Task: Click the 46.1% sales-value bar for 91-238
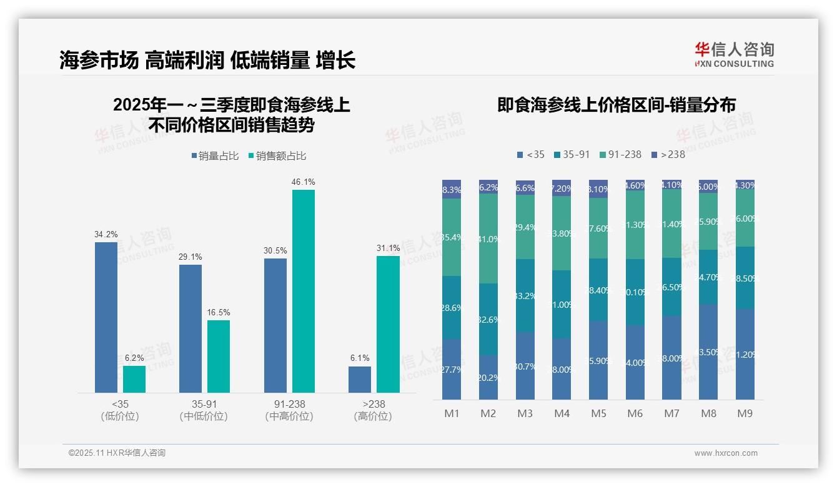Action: click(x=304, y=291)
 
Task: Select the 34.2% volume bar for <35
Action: click(x=106, y=317)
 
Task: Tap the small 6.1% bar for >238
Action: click(x=360, y=380)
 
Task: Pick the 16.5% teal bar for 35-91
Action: click(x=219, y=357)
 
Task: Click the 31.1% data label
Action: click(x=388, y=248)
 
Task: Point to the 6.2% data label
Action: click(x=134, y=358)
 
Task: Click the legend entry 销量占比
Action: click(x=215, y=156)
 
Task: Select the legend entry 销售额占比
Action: click(x=277, y=156)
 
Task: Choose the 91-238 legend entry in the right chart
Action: click(x=620, y=154)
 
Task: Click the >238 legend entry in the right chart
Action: click(x=668, y=154)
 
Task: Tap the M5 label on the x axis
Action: click(x=598, y=413)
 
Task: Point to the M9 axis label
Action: click(x=745, y=413)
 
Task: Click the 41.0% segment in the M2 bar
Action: click(x=488, y=239)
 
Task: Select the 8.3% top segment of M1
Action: click(x=452, y=189)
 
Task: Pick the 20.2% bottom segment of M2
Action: click(x=488, y=377)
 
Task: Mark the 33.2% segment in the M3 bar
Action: click(x=525, y=295)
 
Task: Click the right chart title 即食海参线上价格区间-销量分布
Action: click(x=616, y=105)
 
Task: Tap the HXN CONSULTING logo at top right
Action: click(x=734, y=54)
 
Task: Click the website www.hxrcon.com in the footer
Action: click(x=726, y=453)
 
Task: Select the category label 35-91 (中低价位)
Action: click(x=203, y=410)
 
